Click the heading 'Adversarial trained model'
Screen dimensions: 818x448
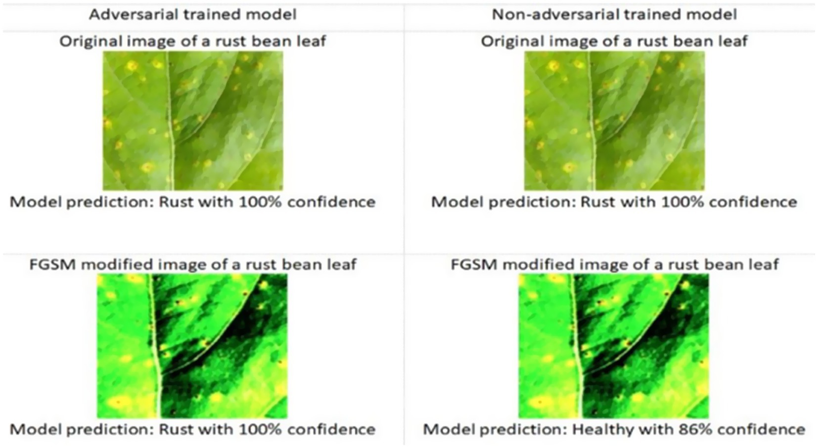tap(193, 15)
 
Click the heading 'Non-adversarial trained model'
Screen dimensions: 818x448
tap(615, 15)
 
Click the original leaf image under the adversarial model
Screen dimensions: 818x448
tap(193, 121)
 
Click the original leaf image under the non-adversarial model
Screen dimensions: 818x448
tap(615, 121)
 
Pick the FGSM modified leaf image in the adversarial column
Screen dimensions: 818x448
tap(192, 346)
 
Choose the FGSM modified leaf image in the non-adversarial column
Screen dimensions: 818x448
tap(614, 346)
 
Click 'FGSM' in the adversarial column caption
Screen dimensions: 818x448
tap(52, 265)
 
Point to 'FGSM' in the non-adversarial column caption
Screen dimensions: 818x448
tap(474, 265)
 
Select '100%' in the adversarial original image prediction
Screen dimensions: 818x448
tap(260, 202)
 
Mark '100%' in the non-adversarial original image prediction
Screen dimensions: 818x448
tap(682, 202)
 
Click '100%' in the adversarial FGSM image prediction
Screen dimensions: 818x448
tap(260, 429)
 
